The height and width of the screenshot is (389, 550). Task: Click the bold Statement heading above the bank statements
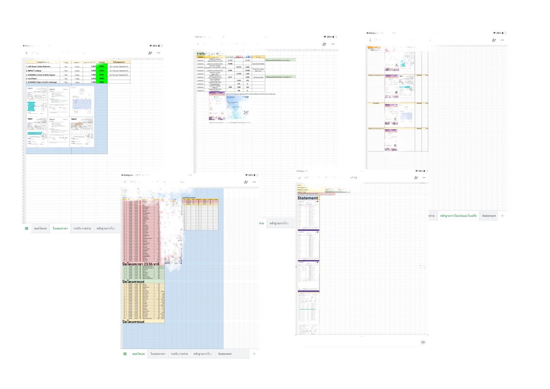click(308, 198)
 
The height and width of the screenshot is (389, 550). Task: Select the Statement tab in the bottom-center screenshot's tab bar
click(225, 354)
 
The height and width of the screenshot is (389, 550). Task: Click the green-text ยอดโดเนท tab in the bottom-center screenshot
click(138, 354)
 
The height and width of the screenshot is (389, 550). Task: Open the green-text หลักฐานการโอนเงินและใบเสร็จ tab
click(458, 216)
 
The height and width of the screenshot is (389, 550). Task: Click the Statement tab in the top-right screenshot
click(489, 216)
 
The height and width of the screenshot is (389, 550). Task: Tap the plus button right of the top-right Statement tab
click(502, 216)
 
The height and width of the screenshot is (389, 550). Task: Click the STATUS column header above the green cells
click(101, 62)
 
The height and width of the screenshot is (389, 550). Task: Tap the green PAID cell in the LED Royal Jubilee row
click(101, 67)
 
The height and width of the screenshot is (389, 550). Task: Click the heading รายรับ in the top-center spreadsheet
click(201, 54)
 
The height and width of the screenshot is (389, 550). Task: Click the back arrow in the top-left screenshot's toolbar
click(27, 53)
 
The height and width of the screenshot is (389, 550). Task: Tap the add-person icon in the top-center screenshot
click(324, 44)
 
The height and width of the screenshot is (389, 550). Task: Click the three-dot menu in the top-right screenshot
click(503, 40)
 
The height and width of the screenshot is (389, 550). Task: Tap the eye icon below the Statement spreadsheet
click(423, 342)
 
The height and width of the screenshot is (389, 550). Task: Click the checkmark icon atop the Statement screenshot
click(299, 178)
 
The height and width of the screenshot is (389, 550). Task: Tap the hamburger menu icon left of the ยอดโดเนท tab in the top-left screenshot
click(27, 228)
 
